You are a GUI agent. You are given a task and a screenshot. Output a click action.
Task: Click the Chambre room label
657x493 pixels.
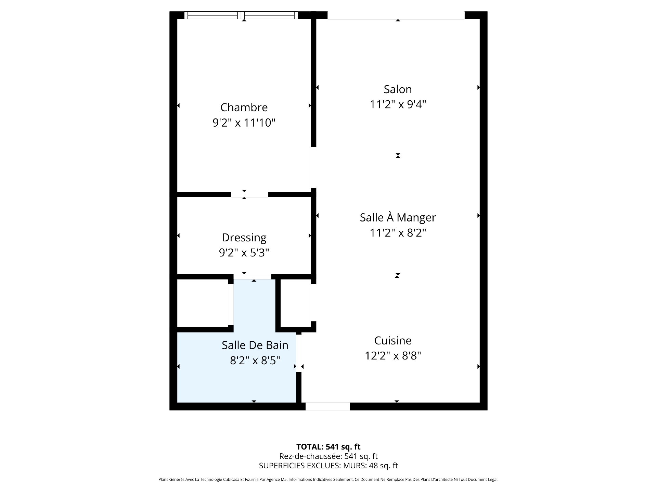[244, 108]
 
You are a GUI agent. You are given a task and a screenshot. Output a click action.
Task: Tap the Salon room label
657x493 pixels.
[398, 89]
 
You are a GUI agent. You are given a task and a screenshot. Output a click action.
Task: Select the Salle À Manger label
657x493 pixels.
[398, 217]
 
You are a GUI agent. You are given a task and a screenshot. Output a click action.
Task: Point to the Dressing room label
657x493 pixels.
[244, 238]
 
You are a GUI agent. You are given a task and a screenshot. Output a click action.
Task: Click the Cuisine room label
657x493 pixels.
[393, 341]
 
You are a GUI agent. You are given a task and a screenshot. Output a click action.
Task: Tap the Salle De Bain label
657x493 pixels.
[255, 345]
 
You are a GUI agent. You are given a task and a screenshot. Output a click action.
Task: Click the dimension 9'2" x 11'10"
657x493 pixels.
[244, 123]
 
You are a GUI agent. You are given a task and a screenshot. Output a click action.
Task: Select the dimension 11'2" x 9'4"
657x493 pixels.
[398, 104]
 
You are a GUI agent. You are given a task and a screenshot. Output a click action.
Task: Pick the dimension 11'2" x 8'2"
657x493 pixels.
[398, 233]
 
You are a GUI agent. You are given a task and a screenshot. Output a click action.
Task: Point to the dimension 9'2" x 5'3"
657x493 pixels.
[244, 253]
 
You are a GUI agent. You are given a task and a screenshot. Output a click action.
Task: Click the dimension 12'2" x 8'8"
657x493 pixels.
[393, 356]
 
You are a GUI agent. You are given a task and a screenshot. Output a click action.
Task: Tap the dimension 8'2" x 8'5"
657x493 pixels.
[255, 361]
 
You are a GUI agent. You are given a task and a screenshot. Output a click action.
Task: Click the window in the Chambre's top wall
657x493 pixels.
[241, 15]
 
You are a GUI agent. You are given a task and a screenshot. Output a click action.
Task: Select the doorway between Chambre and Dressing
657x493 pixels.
[249, 194]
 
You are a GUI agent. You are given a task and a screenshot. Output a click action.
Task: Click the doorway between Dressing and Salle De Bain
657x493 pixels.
[252, 277]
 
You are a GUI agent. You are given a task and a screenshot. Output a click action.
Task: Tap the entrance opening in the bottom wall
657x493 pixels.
[328, 406]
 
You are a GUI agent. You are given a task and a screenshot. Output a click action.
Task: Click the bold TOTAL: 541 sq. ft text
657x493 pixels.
[328, 447]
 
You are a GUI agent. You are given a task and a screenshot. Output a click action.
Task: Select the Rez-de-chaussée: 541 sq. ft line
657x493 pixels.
[328, 456]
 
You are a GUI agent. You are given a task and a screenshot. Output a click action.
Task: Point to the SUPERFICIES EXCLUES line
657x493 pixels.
[328, 466]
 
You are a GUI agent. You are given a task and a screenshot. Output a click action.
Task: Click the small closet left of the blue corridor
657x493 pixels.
[203, 303]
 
